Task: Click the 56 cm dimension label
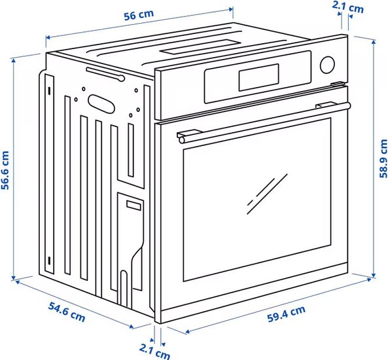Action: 139,15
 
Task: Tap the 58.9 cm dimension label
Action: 383,158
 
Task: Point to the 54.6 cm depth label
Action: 67,312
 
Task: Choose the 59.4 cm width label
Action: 287,314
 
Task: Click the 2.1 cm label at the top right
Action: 347,7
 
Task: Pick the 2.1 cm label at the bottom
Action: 154,351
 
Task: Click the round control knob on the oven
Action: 327,65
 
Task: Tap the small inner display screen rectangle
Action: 258,77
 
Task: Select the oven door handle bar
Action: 264,122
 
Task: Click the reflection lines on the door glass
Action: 267,194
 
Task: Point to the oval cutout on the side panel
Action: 101,104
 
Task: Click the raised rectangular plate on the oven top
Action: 200,47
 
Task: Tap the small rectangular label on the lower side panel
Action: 133,206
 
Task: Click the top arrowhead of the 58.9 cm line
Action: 374,41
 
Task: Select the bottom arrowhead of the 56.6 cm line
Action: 14,278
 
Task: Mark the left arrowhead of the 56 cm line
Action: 48,37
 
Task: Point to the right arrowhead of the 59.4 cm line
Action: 369,279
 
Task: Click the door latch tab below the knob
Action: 338,84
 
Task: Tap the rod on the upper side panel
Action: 105,74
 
